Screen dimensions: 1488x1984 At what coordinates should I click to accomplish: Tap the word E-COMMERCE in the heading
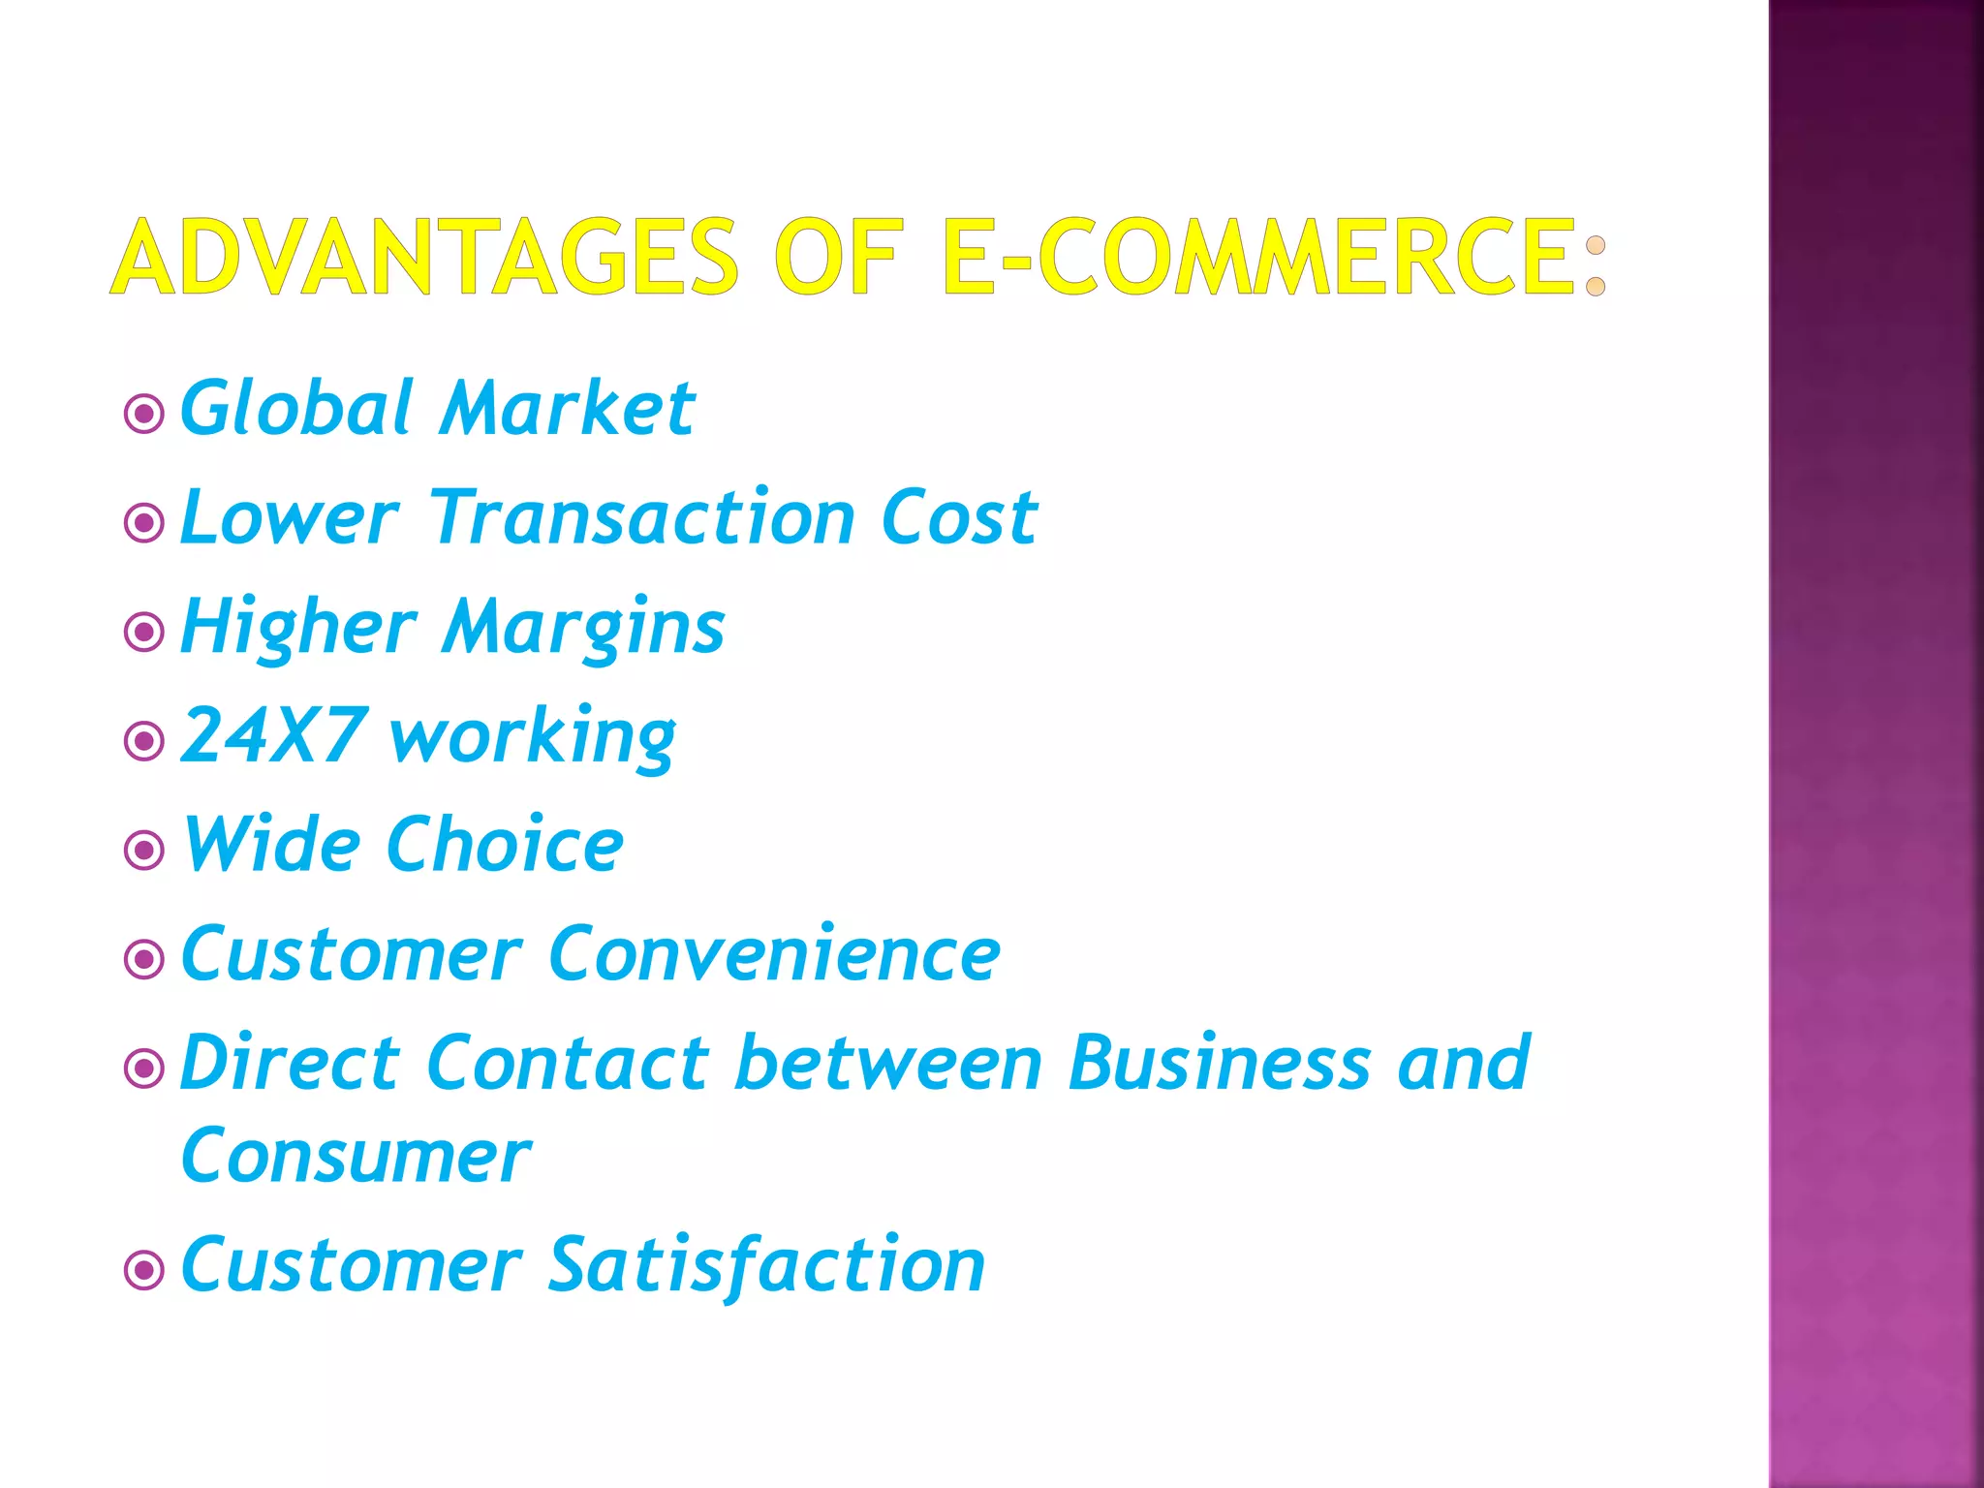1257,257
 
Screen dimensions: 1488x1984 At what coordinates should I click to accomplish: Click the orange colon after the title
1595,265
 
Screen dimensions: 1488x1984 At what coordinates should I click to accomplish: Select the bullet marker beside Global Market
144,415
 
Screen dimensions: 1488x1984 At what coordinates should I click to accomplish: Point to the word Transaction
641,517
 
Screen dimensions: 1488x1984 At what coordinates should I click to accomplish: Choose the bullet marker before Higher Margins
144,633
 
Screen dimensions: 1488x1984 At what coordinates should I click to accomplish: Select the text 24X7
274,735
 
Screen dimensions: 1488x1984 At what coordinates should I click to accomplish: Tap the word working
532,739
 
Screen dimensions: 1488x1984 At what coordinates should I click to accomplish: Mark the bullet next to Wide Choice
144,851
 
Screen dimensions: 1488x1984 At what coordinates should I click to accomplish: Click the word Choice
505,845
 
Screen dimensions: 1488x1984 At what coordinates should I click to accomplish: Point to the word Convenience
774,954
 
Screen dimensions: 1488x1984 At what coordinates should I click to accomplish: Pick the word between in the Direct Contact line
888,1064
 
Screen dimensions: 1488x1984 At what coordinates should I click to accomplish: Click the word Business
1220,1064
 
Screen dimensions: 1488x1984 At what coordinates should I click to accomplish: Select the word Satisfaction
766,1266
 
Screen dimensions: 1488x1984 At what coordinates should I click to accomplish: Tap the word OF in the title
839,257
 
